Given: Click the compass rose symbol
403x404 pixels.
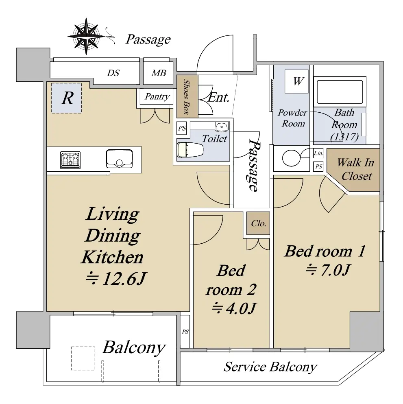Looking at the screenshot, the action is [86, 36].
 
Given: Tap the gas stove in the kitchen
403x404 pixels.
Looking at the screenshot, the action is [70, 160].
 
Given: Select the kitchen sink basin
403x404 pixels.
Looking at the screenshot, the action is [119, 158].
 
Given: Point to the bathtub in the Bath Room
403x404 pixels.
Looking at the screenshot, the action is [340, 92].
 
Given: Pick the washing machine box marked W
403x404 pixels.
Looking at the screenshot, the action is [296, 81].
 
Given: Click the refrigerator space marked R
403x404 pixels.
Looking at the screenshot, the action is [67, 98].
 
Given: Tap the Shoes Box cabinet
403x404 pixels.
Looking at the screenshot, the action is [187, 96].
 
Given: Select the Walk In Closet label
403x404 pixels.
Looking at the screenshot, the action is [355, 169].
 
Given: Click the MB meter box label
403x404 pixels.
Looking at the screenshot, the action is [159, 73].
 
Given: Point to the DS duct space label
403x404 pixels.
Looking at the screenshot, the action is [113, 73].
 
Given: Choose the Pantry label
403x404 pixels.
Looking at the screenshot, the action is [157, 96].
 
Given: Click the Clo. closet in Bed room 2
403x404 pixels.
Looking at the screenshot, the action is [258, 223].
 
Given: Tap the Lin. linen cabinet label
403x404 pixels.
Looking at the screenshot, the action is [318, 153].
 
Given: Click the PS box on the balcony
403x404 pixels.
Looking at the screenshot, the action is [185, 332].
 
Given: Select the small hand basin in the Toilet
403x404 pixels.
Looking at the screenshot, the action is [222, 127].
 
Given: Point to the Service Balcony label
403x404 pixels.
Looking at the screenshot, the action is [270, 367].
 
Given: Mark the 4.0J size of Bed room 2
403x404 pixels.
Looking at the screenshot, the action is [234, 308].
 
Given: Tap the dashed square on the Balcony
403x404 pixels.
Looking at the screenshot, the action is [83, 358].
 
